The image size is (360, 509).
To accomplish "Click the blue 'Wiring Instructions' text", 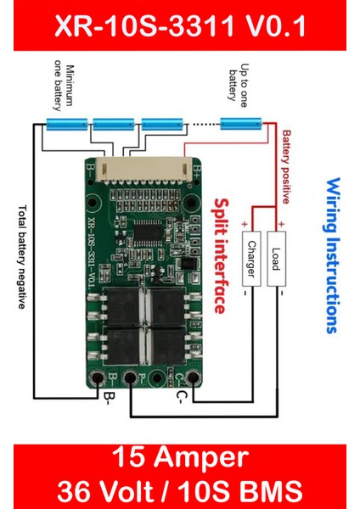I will [333, 255].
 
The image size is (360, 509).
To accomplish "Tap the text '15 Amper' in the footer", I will [180, 459].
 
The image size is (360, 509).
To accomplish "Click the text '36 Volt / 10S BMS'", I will [180, 489].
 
